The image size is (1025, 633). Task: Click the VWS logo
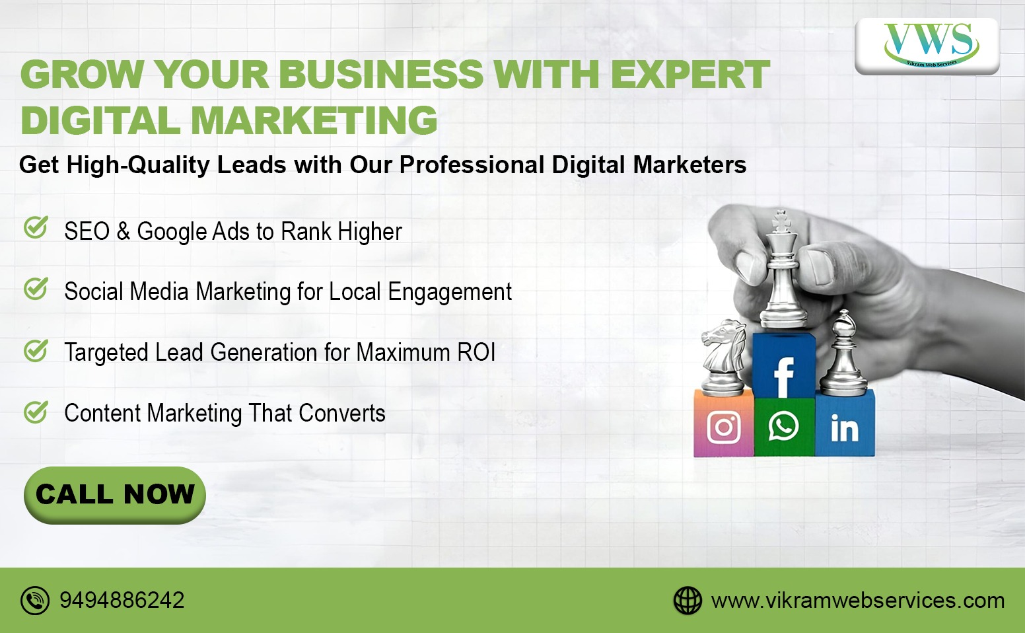927,46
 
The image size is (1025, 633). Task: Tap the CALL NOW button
115,495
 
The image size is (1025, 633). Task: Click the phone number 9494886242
122,600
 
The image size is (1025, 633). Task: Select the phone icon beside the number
35,600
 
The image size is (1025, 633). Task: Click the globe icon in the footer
688,600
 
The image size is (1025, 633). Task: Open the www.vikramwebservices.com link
857,601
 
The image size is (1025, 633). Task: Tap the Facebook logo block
784,365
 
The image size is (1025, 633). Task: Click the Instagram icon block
723,424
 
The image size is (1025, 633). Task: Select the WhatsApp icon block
784,427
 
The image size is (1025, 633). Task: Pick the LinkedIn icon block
845,424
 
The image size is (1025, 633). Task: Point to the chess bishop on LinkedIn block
844,353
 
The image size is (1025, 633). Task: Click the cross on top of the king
781,221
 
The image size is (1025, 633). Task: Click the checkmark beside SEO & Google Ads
36,227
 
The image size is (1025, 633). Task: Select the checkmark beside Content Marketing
36,412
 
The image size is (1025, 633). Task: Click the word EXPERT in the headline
691,74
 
